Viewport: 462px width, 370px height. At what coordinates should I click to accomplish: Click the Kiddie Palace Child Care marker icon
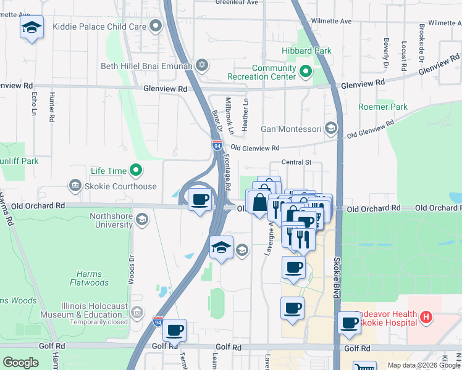(156, 26)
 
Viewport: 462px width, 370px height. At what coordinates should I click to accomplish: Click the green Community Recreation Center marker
(305, 72)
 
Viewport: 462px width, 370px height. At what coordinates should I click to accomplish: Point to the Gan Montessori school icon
(331, 128)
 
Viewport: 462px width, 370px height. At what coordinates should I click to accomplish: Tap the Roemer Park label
(383, 107)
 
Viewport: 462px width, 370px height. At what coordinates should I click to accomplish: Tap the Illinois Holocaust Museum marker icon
(136, 313)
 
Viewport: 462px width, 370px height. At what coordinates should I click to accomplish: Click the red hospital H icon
(426, 318)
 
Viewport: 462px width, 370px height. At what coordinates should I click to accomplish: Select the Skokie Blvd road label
(337, 275)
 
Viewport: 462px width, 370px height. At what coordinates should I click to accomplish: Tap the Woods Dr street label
(132, 269)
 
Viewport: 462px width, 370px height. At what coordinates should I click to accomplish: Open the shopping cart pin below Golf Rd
(364, 365)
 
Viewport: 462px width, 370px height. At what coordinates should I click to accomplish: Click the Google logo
(20, 362)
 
